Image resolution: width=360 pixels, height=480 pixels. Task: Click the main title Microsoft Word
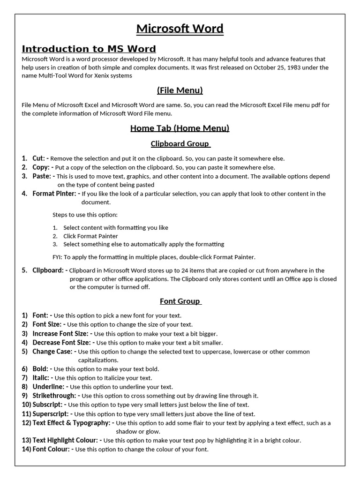[x=180, y=29]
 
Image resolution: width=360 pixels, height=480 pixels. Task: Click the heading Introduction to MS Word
[x=89, y=49]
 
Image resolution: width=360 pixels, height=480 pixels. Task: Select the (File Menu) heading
[x=180, y=90]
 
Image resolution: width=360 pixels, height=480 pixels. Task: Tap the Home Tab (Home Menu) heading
[x=180, y=128]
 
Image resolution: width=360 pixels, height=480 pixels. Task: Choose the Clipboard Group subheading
[x=180, y=144]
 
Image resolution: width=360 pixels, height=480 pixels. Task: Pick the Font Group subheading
[x=180, y=301]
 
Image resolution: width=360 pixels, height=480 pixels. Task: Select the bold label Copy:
[x=41, y=167]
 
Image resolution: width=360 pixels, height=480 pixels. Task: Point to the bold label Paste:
[x=42, y=176]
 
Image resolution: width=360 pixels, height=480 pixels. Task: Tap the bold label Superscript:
[x=52, y=414]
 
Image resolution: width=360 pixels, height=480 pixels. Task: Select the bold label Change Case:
[x=52, y=352]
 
